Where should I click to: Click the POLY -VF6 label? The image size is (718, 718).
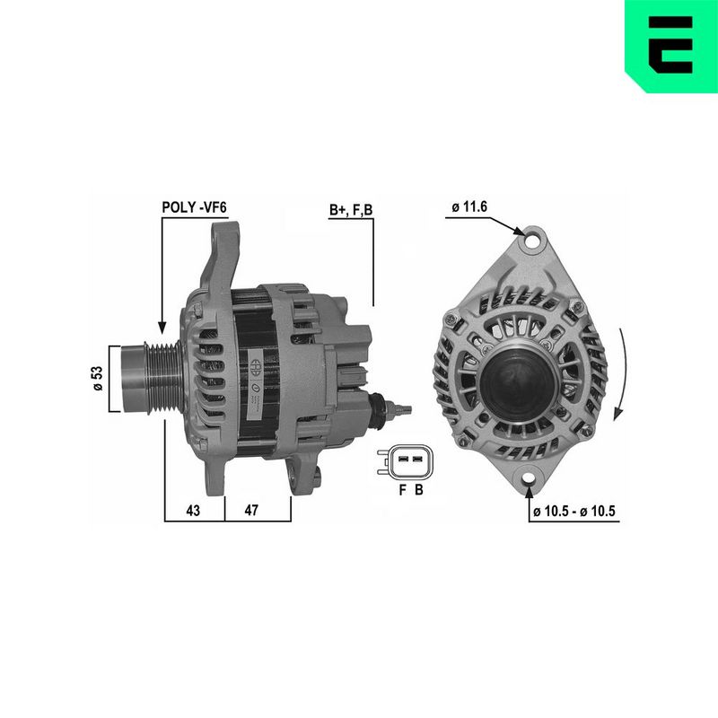pos(194,207)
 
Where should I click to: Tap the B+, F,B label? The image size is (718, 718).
pos(351,210)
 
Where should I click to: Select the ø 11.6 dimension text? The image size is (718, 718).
pos(469,207)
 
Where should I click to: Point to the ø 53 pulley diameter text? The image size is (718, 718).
pos(98,379)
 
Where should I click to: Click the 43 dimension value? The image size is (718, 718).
pos(193,510)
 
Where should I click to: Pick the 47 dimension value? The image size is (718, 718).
pos(251,510)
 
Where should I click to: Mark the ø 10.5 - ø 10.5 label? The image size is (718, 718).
pos(574,511)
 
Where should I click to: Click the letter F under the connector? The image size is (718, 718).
pos(402,490)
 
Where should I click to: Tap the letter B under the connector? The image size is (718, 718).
pos(418,490)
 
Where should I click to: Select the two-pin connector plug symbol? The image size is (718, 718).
pos(406,461)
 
